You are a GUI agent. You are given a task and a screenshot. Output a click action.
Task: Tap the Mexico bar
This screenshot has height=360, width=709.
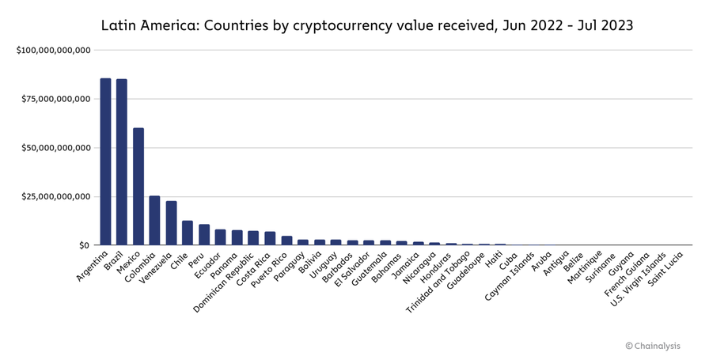click(138, 187)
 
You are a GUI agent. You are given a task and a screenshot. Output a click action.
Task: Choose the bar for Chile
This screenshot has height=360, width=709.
click(188, 233)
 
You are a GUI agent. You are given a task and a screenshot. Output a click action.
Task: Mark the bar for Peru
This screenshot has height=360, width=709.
click(204, 235)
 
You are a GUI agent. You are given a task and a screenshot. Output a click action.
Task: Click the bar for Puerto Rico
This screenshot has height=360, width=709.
click(286, 241)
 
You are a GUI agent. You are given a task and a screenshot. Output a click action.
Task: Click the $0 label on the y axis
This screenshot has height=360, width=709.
click(85, 245)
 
